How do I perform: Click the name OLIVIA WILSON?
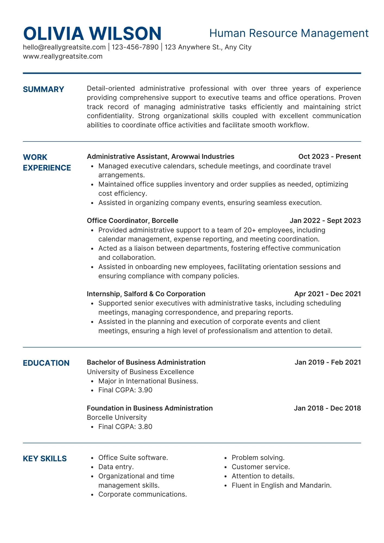click(92, 34)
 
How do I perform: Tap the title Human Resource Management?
click(289, 33)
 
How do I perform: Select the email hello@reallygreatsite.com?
click(64, 47)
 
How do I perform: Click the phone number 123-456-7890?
click(135, 47)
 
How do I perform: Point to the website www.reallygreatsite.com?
click(63, 56)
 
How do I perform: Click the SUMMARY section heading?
click(43, 89)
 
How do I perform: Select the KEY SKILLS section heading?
click(45, 459)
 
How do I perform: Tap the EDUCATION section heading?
click(46, 363)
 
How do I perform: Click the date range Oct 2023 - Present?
click(329, 157)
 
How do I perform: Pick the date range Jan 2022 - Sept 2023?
click(325, 220)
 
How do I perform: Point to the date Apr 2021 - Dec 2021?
click(328, 294)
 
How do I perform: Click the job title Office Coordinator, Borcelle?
click(133, 220)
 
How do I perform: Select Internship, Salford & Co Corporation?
click(146, 294)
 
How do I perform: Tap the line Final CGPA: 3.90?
click(125, 390)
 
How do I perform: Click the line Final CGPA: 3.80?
click(125, 427)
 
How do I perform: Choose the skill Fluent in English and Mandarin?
click(281, 485)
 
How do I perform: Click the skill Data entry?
click(116, 467)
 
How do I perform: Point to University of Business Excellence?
click(140, 372)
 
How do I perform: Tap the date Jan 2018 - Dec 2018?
click(327, 408)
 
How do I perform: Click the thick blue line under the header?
click(192, 73)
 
